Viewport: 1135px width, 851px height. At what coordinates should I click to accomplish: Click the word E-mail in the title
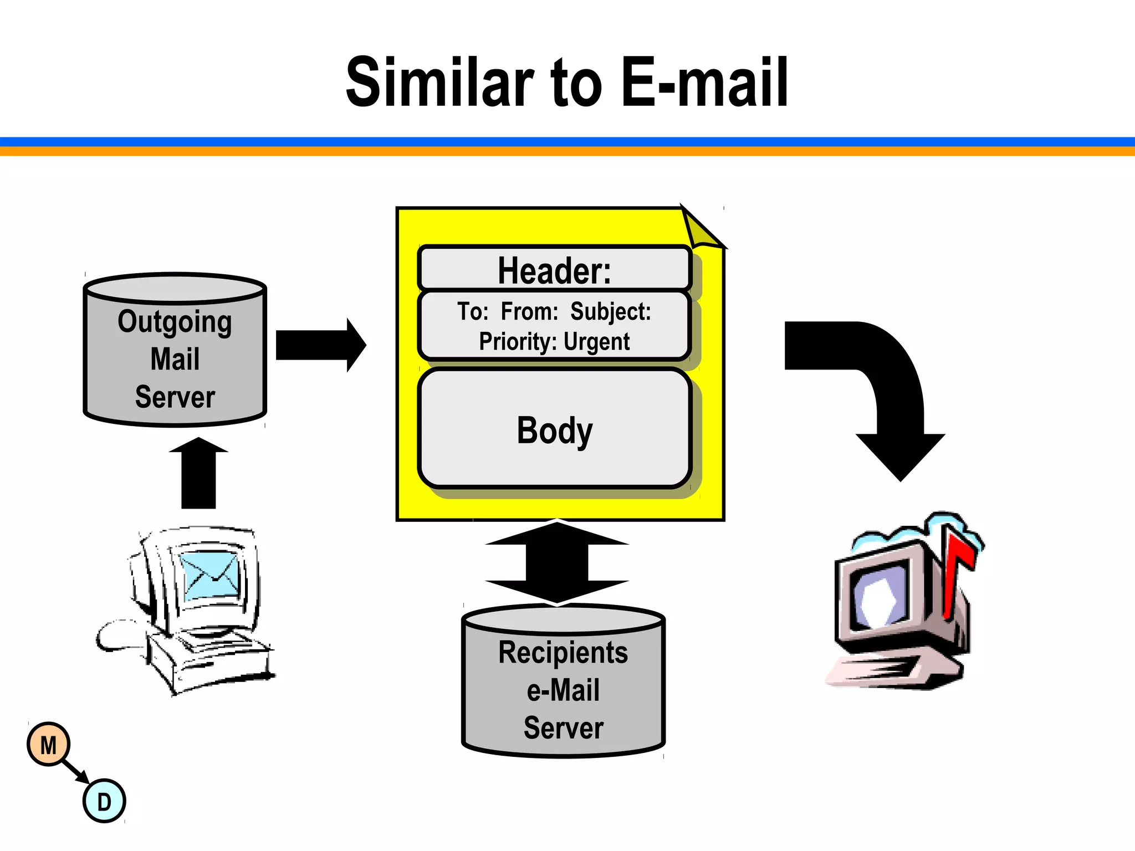coord(704,83)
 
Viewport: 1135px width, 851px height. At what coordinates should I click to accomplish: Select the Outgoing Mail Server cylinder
coord(175,355)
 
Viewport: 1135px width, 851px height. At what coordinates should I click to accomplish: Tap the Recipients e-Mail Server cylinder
coord(563,687)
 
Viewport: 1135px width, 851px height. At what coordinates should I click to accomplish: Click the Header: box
coord(554,269)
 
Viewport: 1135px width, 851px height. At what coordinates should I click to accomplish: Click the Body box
coord(554,430)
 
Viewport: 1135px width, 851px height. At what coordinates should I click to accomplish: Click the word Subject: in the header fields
coord(611,311)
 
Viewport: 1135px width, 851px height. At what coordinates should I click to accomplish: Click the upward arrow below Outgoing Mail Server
coord(198,474)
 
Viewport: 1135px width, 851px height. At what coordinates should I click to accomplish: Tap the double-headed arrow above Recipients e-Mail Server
coord(557,562)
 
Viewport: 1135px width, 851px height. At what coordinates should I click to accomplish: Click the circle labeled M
coord(49,745)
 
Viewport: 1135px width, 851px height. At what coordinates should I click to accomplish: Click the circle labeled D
coord(104,801)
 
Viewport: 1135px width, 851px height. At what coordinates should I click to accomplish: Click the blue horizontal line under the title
coord(567,142)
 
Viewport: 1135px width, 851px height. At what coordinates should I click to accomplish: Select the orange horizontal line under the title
coord(567,151)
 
